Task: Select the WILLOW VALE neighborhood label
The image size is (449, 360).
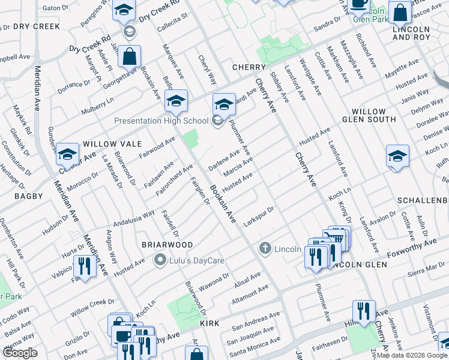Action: pos(112,144)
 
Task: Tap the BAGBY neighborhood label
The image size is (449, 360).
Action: pos(29,196)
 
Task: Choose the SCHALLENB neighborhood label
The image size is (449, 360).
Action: pos(423,199)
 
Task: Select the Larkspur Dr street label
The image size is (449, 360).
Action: pos(259,217)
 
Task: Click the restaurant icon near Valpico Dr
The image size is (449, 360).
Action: pos(84,266)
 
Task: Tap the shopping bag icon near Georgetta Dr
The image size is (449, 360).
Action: pos(129,56)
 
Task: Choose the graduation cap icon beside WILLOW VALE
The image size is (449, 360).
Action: pos(68,154)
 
